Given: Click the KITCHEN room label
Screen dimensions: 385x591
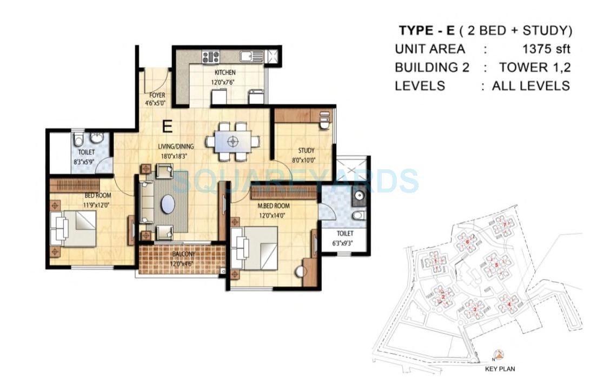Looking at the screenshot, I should pos(225,73).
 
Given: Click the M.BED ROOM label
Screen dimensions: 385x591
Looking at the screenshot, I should pos(274,205).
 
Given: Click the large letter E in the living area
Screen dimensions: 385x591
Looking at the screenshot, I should pos(168,127).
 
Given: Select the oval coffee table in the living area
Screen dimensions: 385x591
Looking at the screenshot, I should pos(168,205).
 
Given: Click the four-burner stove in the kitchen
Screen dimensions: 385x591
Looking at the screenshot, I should pos(210,56).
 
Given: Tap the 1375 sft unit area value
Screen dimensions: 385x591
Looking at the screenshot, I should pos(546,49).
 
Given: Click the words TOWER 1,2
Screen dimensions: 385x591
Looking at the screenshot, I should pos(535,67).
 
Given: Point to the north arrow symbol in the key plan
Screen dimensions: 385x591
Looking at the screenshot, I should pos(499,355).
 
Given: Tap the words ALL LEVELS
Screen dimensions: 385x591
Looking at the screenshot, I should pos(530,85).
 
